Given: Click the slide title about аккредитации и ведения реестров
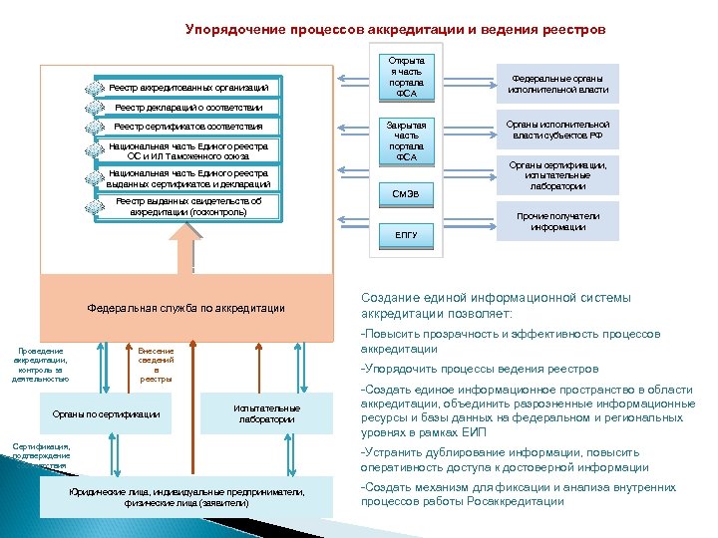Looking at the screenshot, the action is click(x=394, y=30).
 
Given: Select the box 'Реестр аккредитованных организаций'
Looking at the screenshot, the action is click(x=188, y=89).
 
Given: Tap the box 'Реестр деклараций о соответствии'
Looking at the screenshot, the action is click(x=188, y=108).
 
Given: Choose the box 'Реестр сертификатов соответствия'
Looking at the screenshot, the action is click(x=188, y=127).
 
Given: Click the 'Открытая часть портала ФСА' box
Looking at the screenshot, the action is click(x=407, y=76).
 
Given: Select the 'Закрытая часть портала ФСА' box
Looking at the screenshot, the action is click(x=407, y=140).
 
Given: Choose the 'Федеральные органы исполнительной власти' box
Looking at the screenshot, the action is click(x=558, y=84).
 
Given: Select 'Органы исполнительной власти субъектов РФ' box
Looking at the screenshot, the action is click(x=558, y=131).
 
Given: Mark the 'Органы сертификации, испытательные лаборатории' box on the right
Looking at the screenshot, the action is click(x=558, y=174).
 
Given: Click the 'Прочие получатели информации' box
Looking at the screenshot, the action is click(x=558, y=221).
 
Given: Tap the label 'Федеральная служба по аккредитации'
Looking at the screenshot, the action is click(x=185, y=308).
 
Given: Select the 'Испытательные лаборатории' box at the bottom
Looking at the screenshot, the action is click(x=266, y=413).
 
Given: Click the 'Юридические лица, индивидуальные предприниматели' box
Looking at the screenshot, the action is click(x=186, y=498).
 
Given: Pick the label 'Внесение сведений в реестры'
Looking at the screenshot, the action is click(x=156, y=365).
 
